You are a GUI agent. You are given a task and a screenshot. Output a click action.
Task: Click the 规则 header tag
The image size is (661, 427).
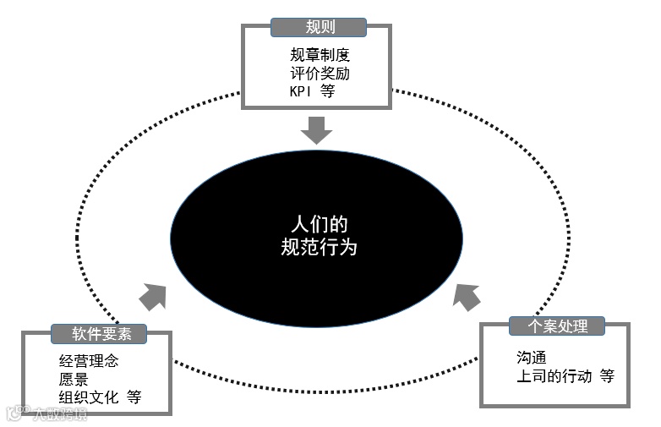320,27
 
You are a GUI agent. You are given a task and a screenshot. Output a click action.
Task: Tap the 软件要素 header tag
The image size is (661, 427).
99,333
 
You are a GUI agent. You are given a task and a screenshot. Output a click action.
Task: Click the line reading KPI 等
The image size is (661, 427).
312,91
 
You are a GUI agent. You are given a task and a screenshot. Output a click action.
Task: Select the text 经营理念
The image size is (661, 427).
89,362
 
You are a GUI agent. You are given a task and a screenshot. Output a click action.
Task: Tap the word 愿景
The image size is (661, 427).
74,380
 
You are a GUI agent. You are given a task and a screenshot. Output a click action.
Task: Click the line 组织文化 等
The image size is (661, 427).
101,397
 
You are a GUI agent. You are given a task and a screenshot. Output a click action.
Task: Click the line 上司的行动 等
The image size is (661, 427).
565,376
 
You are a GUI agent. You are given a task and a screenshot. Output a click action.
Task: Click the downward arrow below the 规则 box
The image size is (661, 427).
318,130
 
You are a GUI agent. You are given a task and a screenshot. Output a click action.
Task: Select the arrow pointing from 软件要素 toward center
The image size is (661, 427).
152,296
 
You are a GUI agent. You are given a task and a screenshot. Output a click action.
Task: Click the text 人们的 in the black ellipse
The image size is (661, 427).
317,226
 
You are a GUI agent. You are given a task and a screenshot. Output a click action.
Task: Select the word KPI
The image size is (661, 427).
301,91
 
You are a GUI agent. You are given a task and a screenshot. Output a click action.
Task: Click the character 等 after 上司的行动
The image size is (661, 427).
606,376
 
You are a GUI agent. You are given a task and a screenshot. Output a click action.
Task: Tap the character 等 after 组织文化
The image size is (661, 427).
134,397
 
